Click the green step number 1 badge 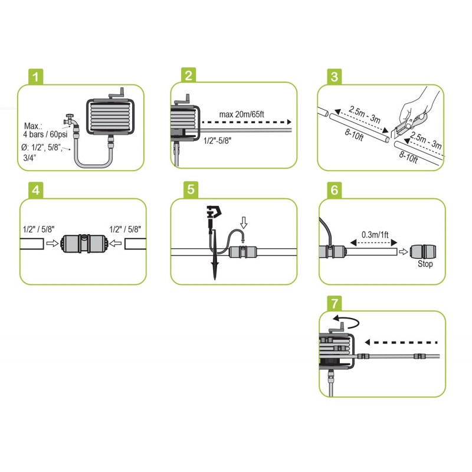point(37,77)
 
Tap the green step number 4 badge point(37,191)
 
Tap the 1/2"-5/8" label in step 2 point(219,142)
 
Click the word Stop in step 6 point(425,264)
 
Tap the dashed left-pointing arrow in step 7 point(401,342)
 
